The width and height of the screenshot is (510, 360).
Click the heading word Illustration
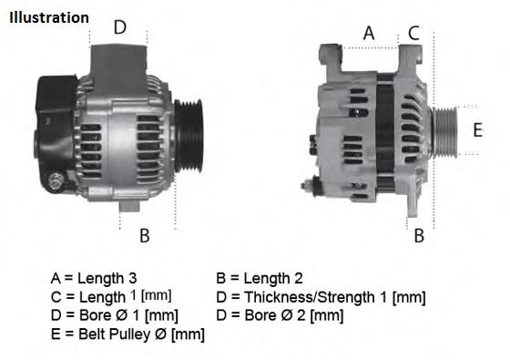coord(49,17)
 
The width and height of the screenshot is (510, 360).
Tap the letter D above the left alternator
coord(119,27)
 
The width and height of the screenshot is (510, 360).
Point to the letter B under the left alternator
coord(144,236)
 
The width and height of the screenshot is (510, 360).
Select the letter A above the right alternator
coord(369,33)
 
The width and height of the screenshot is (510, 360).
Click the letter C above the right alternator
coord(413,33)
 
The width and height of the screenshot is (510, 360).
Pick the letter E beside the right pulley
coord(476,129)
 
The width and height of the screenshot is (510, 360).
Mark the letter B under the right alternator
coord(419,236)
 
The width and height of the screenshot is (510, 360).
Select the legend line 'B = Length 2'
coord(260,278)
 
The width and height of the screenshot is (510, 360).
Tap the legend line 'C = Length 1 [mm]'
coord(111,297)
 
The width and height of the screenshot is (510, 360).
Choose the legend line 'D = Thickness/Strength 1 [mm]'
coord(321,297)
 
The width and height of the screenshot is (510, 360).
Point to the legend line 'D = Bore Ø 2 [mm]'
coord(280,315)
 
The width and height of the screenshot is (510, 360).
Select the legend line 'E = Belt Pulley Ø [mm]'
coord(127,334)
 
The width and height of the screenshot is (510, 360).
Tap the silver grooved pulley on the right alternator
coord(445,132)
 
